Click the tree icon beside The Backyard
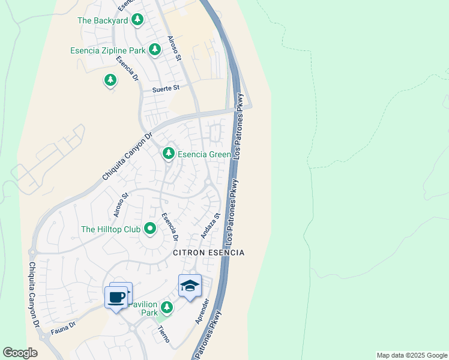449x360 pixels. [x=137, y=20]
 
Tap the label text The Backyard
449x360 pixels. [x=103, y=20]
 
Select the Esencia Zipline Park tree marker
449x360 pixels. [x=155, y=49]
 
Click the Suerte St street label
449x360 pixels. [x=166, y=88]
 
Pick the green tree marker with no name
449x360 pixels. [x=110, y=80]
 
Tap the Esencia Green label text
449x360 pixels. [x=204, y=155]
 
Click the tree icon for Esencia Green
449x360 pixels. [x=169, y=154]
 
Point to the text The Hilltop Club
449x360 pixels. [x=110, y=229]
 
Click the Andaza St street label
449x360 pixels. [x=211, y=226]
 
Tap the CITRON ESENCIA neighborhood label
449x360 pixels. [x=208, y=253]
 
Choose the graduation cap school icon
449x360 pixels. [x=190, y=286]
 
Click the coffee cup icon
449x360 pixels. [x=116, y=296]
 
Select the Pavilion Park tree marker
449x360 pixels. [x=167, y=308]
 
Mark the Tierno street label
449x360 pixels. [x=163, y=334]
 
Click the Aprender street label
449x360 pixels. [x=202, y=311]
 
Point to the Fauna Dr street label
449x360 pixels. [x=63, y=326]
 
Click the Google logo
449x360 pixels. [x=20, y=353]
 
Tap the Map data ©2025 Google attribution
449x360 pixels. [x=411, y=355]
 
